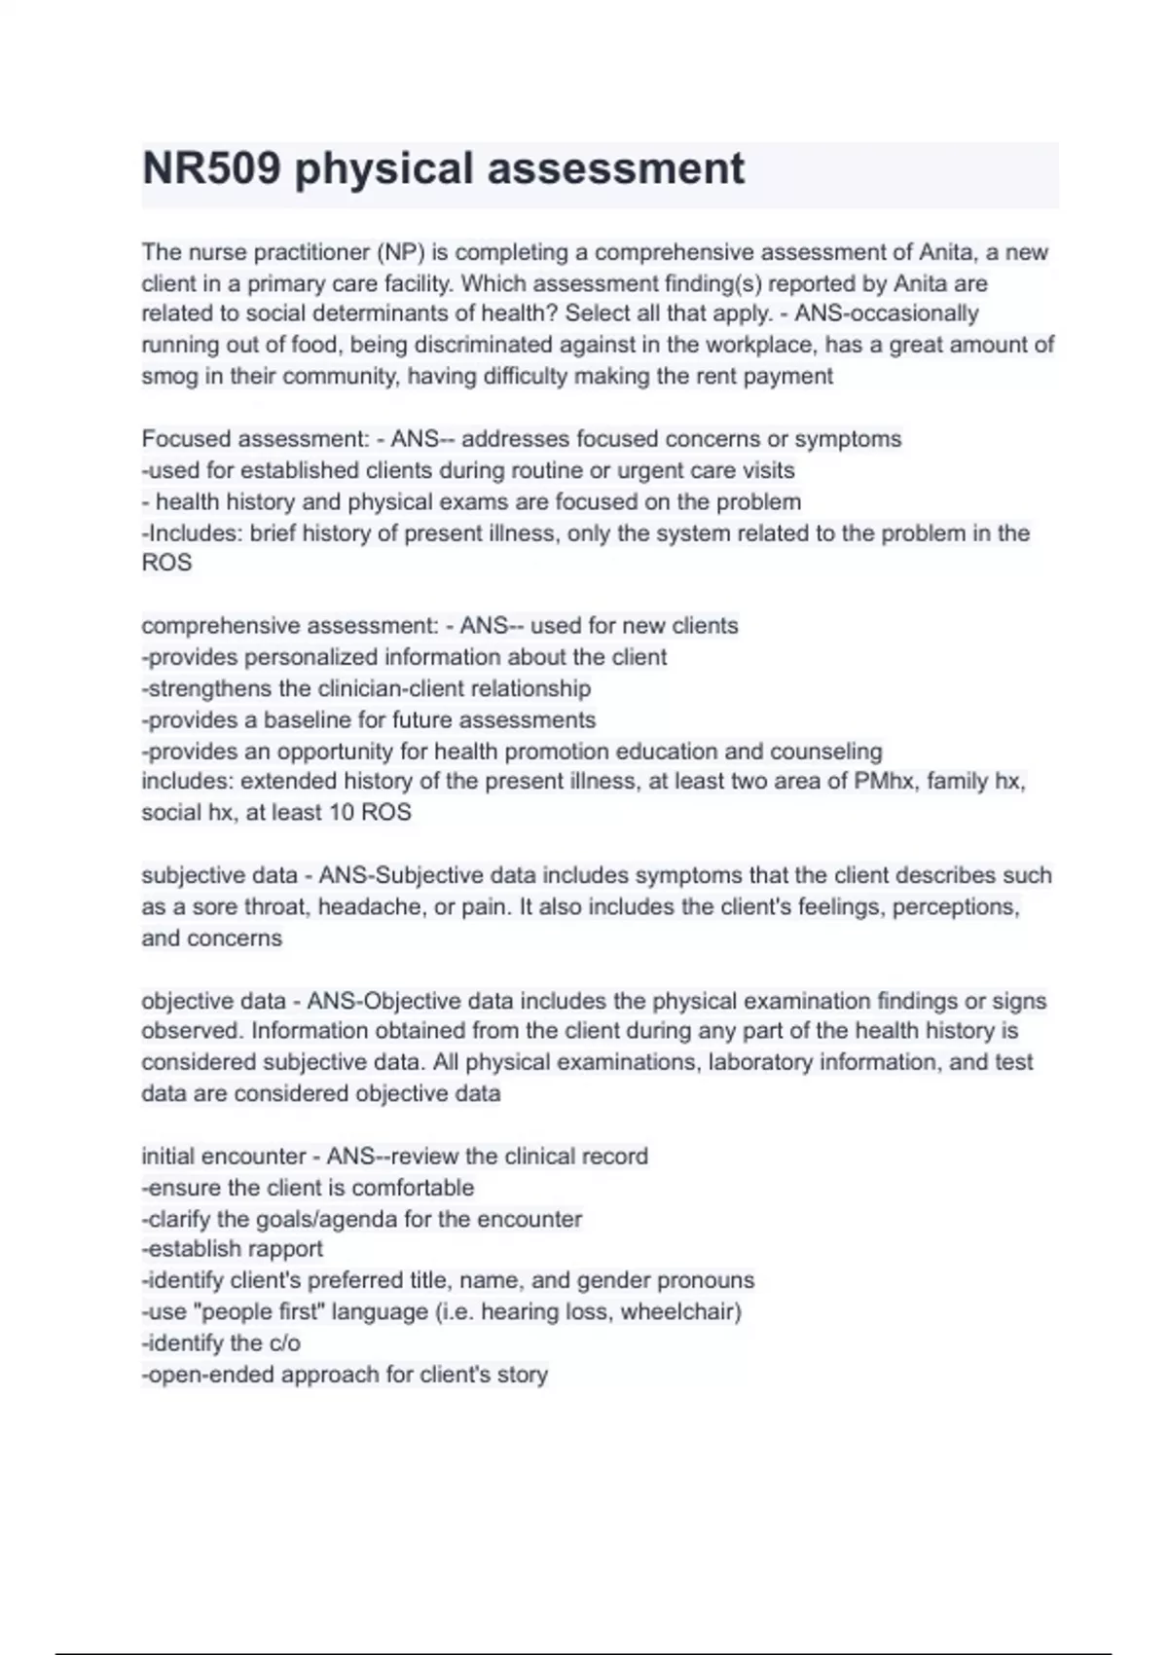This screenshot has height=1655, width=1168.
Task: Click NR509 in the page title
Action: [211, 168]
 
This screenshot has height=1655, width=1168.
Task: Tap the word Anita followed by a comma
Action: [946, 252]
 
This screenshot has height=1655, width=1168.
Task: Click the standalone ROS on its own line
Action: [166, 563]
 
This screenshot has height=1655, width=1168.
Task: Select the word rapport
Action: [284, 1249]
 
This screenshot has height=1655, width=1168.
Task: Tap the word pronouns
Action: [706, 1280]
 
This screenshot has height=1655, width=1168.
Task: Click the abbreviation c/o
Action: [281, 1343]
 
